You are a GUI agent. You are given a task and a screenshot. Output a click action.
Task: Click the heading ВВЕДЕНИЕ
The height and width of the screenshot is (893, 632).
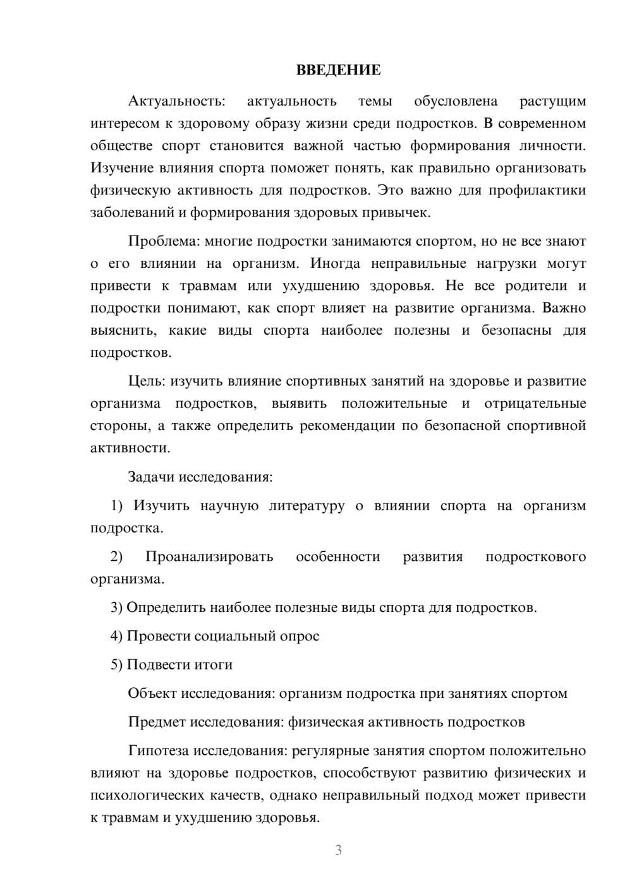(338, 70)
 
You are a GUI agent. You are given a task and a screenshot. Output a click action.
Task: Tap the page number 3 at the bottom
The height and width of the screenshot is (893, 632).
(338, 850)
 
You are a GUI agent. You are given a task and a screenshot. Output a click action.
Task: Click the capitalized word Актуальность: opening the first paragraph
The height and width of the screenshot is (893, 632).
(176, 101)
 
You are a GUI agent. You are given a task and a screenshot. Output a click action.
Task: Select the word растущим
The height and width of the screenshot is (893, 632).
(552, 101)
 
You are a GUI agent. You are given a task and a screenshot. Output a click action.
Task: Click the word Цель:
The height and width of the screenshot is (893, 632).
(147, 381)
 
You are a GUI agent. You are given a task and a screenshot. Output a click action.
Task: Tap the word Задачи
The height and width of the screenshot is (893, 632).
(151, 477)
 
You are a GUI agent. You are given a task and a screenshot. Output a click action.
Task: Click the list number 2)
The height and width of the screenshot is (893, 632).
(117, 557)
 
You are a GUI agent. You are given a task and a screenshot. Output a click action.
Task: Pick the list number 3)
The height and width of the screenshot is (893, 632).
(117, 608)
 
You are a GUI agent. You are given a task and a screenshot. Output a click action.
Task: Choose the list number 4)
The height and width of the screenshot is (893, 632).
(117, 636)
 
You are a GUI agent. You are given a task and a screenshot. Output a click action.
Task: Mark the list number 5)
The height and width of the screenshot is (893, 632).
(117, 664)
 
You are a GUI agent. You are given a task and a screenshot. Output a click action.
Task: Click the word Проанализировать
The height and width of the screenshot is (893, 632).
(209, 557)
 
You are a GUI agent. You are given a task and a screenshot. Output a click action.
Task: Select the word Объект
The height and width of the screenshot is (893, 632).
(152, 693)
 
